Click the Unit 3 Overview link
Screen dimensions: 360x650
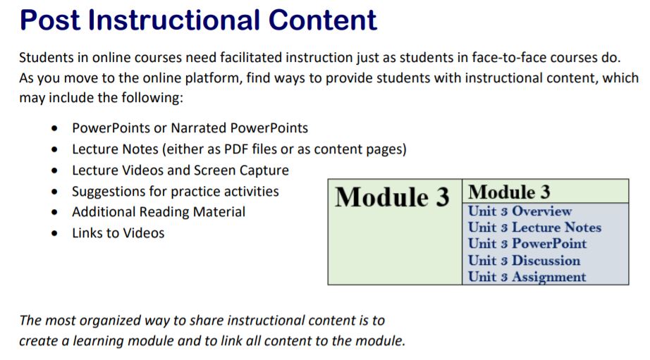[x=520, y=211]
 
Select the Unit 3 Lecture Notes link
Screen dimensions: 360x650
[x=534, y=228]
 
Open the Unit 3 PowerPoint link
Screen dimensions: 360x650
[x=527, y=244]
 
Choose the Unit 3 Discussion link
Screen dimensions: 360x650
[x=524, y=261]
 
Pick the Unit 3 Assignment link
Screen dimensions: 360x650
[x=527, y=277]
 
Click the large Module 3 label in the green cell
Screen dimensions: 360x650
[x=391, y=198]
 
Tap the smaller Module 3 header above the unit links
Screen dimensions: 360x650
[x=509, y=192]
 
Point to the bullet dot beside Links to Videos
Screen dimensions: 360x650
[x=55, y=234]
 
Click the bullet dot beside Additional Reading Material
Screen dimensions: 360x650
[x=55, y=213]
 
